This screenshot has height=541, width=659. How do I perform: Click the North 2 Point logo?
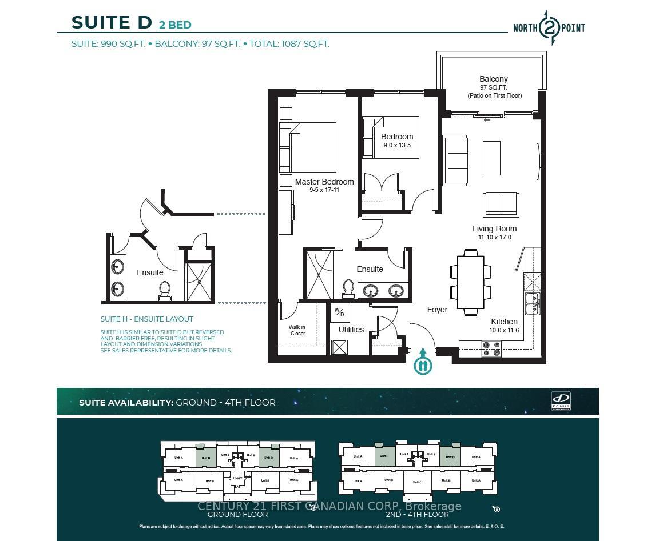point(549,27)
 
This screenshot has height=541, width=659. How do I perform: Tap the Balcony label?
point(493,79)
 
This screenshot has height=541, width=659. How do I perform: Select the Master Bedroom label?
point(324,182)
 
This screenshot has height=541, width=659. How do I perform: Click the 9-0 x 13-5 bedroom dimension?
point(396,145)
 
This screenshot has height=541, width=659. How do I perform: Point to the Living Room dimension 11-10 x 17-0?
point(494,237)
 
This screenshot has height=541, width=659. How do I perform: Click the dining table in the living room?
point(470,282)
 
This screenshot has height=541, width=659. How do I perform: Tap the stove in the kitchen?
point(491,348)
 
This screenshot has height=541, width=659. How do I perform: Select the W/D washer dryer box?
point(340,312)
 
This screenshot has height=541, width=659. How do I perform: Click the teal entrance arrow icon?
point(423,362)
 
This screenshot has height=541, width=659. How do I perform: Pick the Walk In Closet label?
point(297,330)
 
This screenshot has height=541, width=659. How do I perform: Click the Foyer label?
point(437,310)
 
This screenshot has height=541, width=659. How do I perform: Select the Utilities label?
point(351,330)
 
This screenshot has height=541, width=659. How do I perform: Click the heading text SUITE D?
point(112,22)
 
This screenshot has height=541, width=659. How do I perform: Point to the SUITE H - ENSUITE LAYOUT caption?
point(146,319)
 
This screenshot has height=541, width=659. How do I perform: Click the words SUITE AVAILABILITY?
point(126,402)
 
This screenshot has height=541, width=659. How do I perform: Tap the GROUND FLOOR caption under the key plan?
point(237,514)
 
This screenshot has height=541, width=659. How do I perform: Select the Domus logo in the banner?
point(561,400)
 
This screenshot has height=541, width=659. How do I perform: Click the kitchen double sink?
point(532,303)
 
